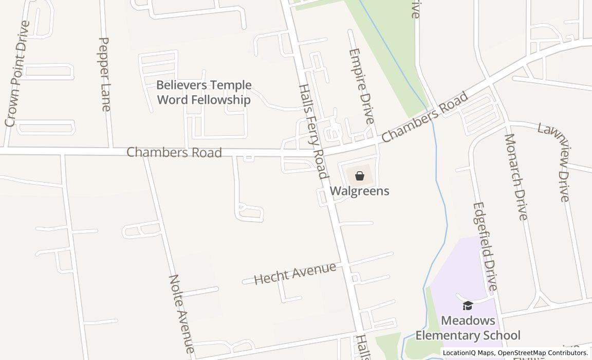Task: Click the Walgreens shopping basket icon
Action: pos(360,175)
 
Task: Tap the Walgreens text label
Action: pos(359,191)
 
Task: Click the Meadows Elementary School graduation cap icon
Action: pos(468,306)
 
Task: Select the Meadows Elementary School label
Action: pos(468,328)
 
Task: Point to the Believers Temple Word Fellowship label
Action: pos(204,92)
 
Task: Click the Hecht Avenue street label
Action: pos(295,274)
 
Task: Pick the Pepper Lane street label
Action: pos(104,74)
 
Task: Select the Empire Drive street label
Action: pos(361,86)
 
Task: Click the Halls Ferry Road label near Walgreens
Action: pos(312,131)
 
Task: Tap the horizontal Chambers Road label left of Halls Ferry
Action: pos(174,153)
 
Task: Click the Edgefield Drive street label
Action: pos(486,246)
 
